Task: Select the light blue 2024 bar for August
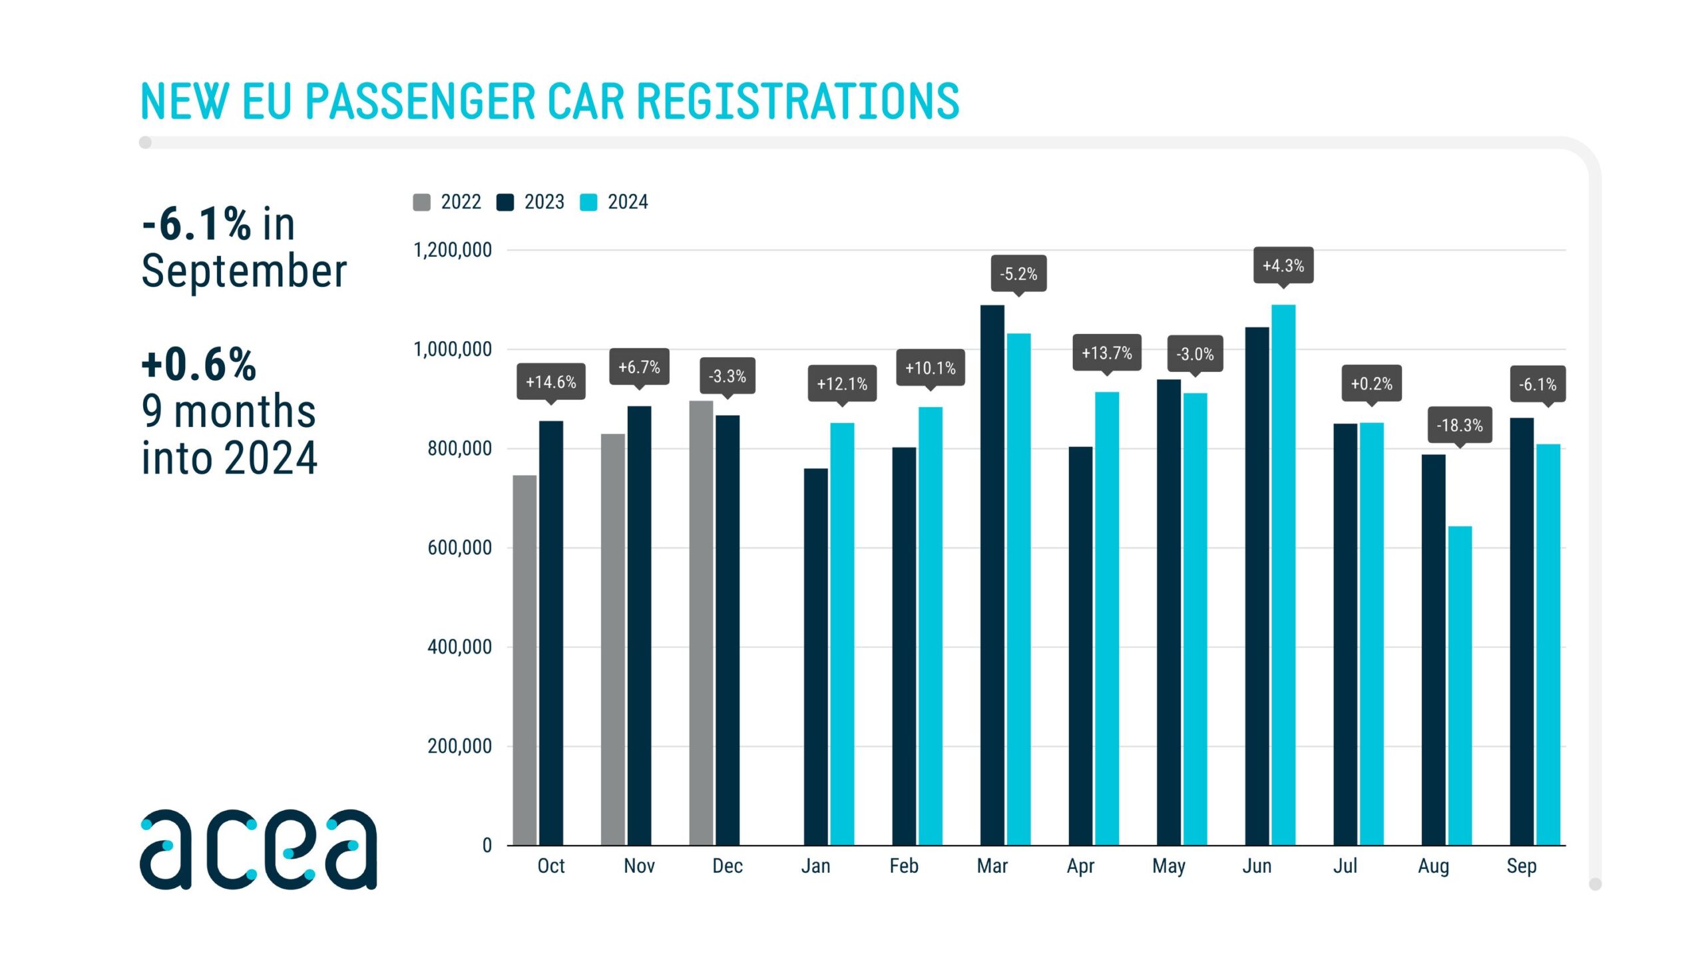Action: click(1460, 685)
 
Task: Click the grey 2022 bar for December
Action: click(701, 623)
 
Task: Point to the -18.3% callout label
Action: click(1459, 425)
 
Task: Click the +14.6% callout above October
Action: click(551, 382)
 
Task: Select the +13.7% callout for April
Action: click(1106, 353)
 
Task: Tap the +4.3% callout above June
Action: click(1283, 265)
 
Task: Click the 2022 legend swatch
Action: click(421, 202)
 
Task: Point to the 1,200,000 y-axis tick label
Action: click(453, 250)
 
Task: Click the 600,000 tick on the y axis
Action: click(459, 548)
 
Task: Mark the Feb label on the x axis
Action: click(904, 866)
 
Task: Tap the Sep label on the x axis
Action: click(1522, 866)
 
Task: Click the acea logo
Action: click(258, 849)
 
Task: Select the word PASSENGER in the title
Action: click(420, 102)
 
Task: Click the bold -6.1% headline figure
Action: click(196, 224)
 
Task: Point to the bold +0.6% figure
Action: click(198, 365)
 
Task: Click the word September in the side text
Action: click(244, 271)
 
